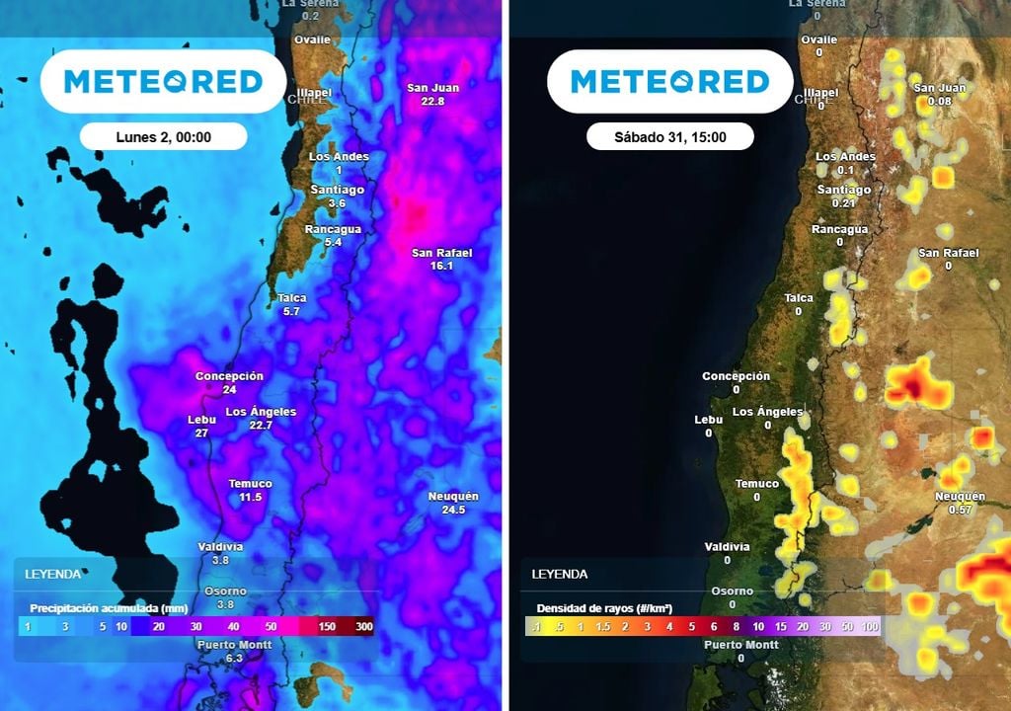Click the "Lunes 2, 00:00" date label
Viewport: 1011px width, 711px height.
[163, 137]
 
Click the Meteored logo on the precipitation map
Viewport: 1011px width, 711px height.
[163, 81]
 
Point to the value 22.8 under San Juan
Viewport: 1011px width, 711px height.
[432, 101]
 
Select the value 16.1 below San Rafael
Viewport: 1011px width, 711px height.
[441, 266]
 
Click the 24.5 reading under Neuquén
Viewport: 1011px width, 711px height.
[453, 510]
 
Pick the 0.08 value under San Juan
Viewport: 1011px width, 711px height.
[940, 101]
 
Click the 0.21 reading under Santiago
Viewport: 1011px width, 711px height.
[843, 202]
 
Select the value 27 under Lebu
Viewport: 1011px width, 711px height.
[201, 433]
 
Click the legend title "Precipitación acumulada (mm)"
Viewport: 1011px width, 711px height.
[95, 607]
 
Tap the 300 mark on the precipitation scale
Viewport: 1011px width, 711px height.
[364, 627]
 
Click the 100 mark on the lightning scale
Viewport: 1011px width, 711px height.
[870, 627]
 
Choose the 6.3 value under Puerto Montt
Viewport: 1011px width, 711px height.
[234, 658]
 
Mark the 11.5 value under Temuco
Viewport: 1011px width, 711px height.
[251, 497]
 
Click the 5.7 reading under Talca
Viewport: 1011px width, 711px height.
[290, 311]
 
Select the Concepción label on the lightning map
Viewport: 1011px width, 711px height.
[736, 376]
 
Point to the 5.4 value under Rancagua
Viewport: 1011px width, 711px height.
[333, 242]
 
